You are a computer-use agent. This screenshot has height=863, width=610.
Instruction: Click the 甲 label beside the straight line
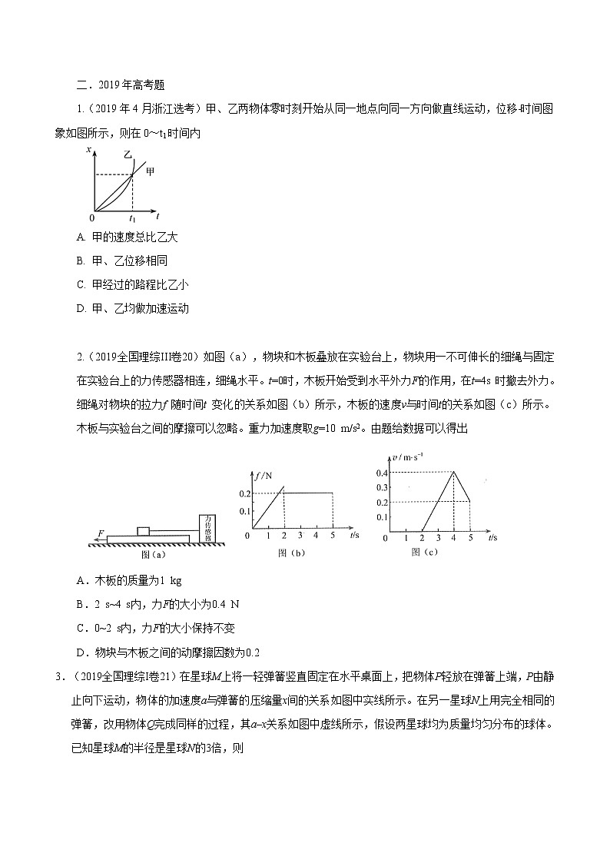[150, 171]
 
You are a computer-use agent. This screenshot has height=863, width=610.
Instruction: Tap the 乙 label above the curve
[127, 156]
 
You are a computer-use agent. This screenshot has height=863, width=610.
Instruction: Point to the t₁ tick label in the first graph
[132, 218]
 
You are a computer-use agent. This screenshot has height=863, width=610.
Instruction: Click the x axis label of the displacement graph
[90, 148]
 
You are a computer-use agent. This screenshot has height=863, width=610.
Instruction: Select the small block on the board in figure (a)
[143, 530]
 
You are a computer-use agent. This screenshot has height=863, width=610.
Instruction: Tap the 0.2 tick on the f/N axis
[244, 493]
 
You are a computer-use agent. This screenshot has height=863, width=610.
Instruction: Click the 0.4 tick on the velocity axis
[382, 472]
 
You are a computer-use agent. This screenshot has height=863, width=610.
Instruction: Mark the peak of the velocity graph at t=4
[453, 472]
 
